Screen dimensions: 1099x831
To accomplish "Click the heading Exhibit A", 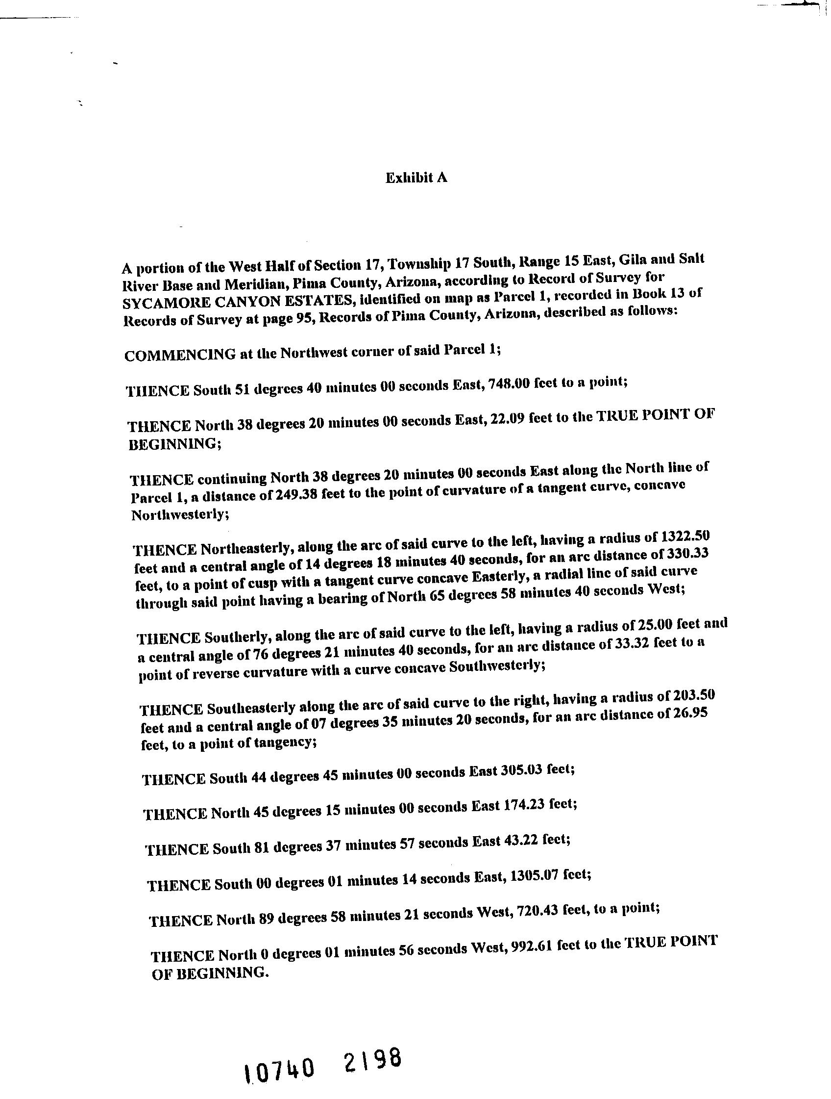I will [x=416, y=178].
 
